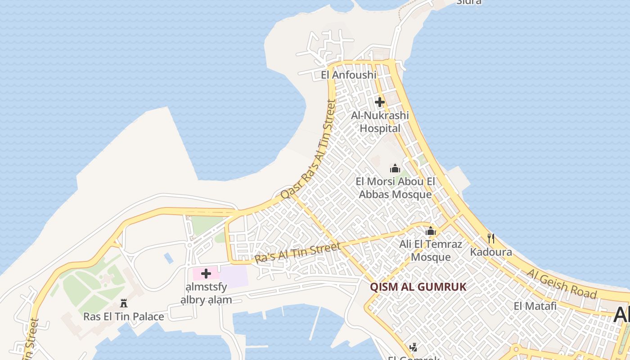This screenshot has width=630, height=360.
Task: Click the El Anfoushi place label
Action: pyautogui.click(x=348, y=75)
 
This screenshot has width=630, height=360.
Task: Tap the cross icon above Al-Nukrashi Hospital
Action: pyautogui.click(x=380, y=102)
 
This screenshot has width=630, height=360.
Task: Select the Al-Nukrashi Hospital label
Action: pyautogui.click(x=380, y=122)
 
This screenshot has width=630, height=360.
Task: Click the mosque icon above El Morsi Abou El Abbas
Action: pyautogui.click(x=395, y=169)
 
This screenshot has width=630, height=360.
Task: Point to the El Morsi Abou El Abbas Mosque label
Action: pyautogui.click(x=395, y=188)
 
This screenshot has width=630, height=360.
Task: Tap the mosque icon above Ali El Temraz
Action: pyautogui.click(x=431, y=231)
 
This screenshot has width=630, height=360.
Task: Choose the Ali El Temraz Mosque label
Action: pyautogui.click(x=431, y=251)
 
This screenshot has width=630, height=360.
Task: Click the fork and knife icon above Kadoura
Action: pyautogui.click(x=491, y=238)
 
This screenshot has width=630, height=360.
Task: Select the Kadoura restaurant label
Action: pyautogui.click(x=491, y=252)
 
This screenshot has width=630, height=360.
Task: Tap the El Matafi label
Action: pyautogui.click(x=535, y=306)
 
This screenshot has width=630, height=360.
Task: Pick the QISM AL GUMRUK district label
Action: pyautogui.click(x=418, y=287)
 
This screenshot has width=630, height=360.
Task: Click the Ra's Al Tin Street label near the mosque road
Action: pyautogui.click(x=297, y=253)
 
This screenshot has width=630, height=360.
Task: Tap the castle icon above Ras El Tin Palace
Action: pyautogui.click(x=124, y=303)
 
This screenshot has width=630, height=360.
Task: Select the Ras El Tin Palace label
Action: pyautogui.click(x=124, y=316)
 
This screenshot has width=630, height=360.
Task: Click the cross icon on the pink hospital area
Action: pyautogui.click(x=206, y=274)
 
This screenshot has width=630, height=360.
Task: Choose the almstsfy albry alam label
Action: pyautogui.click(x=206, y=293)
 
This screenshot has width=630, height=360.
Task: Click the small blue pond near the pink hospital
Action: pyautogui.click(x=169, y=258)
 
